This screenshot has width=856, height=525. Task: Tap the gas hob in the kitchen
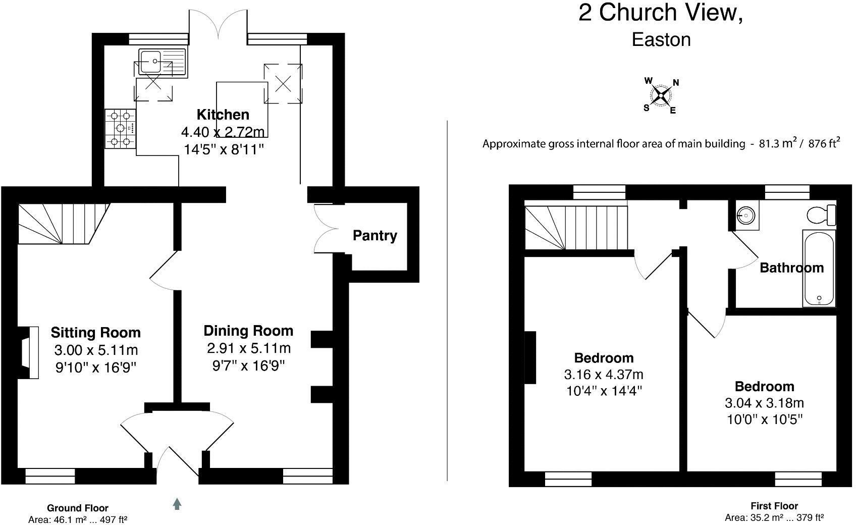click(121, 129)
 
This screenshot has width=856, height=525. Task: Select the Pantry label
click(375, 236)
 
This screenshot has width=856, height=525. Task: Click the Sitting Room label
click(95, 333)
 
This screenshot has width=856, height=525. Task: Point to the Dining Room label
click(248, 331)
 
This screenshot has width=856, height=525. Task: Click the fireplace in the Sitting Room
click(30, 352)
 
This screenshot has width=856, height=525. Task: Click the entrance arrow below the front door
click(177, 504)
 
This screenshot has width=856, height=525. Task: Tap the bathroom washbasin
click(746, 216)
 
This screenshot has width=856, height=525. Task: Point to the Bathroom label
click(791, 268)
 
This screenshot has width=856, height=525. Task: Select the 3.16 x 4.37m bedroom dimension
click(603, 375)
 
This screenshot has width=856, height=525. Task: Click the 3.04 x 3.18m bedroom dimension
click(764, 403)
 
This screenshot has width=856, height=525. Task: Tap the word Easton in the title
click(661, 39)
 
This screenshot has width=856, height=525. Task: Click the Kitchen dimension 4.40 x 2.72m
click(223, 132)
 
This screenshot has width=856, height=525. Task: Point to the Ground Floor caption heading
click(77, 508)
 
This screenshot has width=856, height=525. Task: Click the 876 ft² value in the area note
click(824, 144)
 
